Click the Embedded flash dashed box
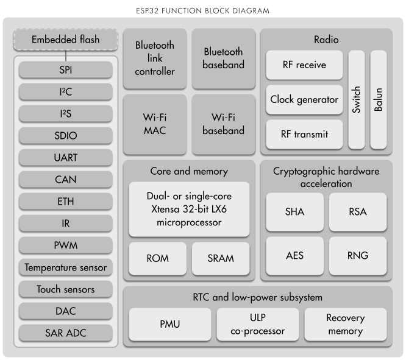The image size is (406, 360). click(65, 40)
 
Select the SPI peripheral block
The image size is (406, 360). click(65, 70)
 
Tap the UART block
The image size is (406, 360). click(65, 158)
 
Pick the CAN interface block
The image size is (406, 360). click(65, 180)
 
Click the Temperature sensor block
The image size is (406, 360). click(65, 267)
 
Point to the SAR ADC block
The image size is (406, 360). click(65, 333)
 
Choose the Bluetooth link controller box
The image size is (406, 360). click(155, 58)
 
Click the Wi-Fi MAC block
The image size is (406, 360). click(155, 124)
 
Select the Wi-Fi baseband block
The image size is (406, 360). click(223, 124)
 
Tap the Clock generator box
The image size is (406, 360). click(304, 99)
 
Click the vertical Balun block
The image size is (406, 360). click(379, 99)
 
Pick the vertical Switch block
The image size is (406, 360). click(357, 99)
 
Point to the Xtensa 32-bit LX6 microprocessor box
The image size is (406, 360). click(189, 210)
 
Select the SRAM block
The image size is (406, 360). click(221, 258)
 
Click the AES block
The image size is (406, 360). click(294, 255)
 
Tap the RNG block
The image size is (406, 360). click(358, 255)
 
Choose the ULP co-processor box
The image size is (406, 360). click(258, 325)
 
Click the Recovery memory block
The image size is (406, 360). click(345, 325)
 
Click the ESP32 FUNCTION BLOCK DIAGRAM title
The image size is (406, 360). click(202, 11)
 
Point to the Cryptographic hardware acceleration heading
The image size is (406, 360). click(326, 177)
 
